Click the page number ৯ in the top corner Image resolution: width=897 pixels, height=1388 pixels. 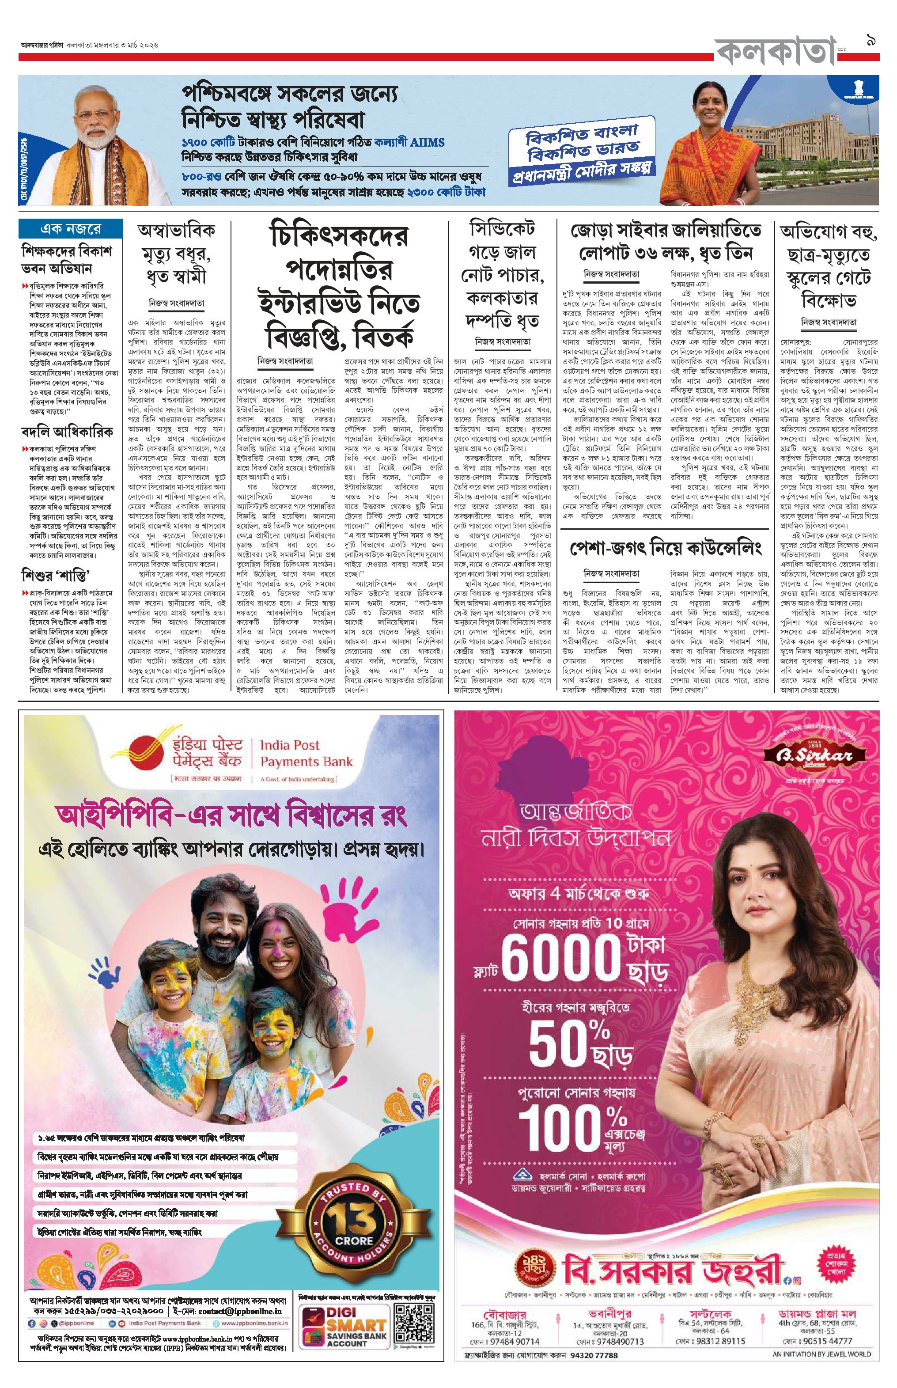871,42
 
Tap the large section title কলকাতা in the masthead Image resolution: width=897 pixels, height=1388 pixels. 775,53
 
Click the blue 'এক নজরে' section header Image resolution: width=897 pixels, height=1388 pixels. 71,229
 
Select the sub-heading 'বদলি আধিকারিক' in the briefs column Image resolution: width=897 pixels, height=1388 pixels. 66,433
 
